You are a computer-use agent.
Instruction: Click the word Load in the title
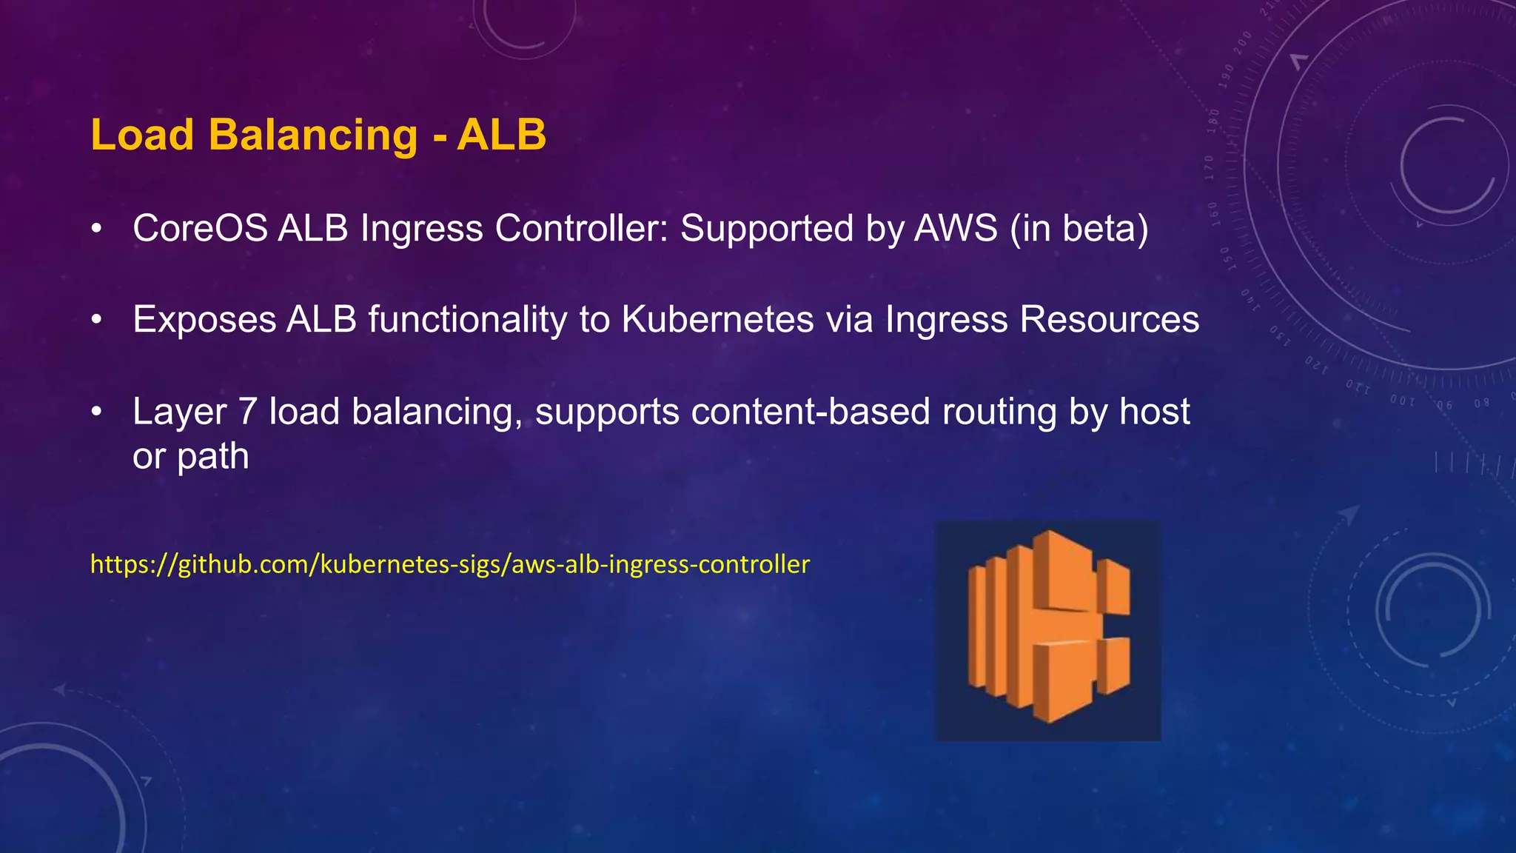(142, 136)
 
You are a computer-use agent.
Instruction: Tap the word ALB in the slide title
(501, 136)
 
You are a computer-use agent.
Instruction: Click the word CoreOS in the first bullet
(200, 228)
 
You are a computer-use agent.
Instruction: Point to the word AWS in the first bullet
(956, 228)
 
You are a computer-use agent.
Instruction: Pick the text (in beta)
(1080, 228)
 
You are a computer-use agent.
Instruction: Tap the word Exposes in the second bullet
(204, 320)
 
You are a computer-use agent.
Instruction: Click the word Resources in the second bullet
(1110, 320)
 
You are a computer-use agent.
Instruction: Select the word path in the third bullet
(212, 458)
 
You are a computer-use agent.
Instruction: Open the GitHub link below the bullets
(450, 564)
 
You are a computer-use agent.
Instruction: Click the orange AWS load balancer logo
(1048, 630)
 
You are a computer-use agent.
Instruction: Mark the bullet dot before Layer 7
(95, 412)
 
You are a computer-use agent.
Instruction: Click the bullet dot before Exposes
(95, 320)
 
